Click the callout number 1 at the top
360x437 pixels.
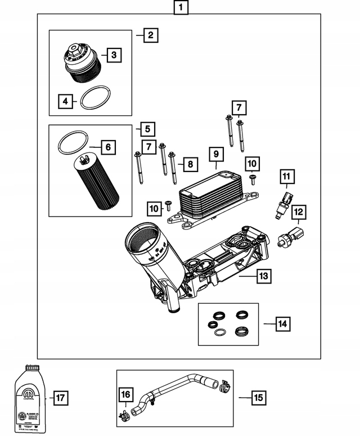click(180, 8)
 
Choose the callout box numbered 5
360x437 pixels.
click(147, 129)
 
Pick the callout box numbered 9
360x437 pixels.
click(215, 153)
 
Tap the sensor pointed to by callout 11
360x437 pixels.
click(285, 205)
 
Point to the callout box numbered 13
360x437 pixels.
click(263, 276)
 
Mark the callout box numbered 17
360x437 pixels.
click(61, 398)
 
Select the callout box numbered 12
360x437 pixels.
click(299, 212)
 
